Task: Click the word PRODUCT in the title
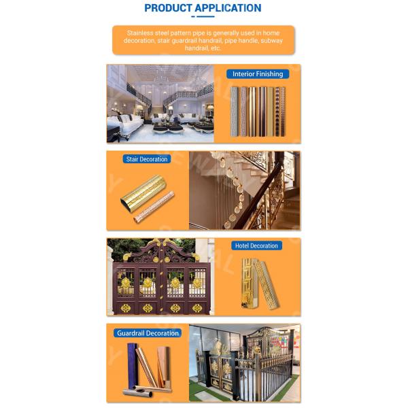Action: click(168, 8)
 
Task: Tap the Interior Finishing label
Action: click(258, 74)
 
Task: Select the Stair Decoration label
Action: click(147, 159)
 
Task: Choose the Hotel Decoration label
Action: click(256, 245)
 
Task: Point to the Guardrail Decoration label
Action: click(148, 333)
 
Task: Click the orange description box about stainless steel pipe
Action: click(203, 40)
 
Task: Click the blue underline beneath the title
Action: click(203, 16)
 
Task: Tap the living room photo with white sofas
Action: click(160, 103)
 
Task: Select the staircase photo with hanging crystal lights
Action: click(245, 190)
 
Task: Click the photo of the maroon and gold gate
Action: click(160, 277)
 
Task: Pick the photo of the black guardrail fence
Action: click(245, 363)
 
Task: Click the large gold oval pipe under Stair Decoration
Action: click(143, 193)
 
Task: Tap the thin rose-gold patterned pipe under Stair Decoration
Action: click(154, 207)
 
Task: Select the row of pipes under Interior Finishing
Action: click(258, 112)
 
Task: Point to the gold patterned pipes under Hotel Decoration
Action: click(260, 284)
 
